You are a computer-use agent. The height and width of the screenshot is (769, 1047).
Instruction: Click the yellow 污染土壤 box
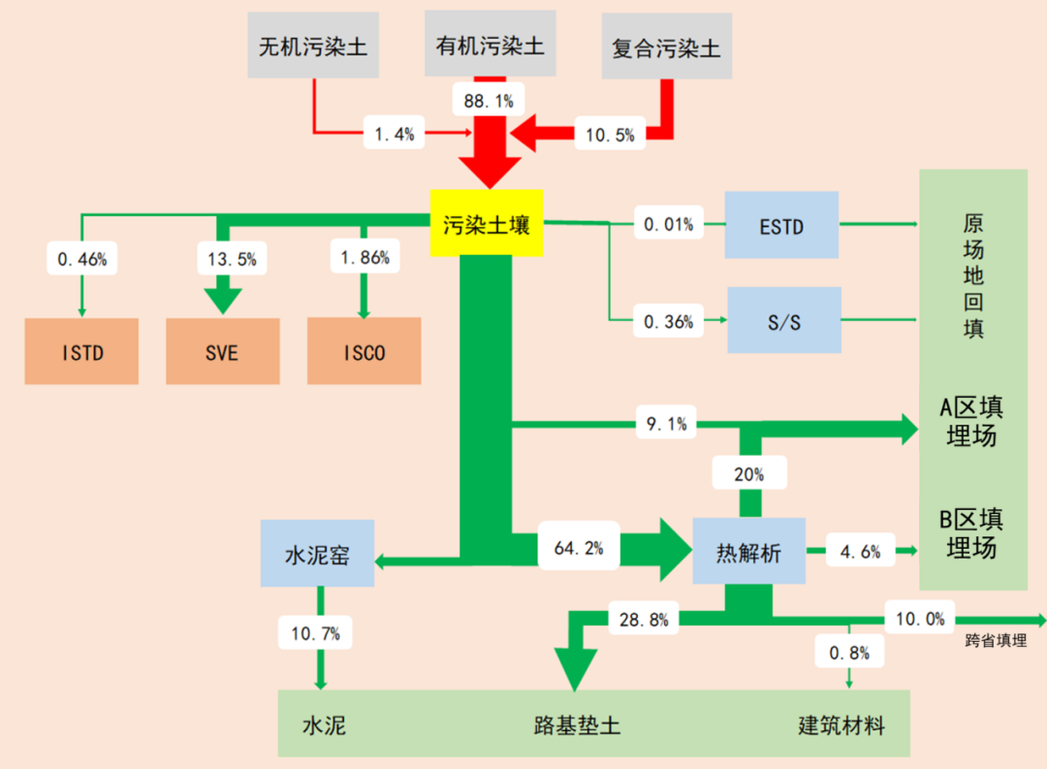[486, 223]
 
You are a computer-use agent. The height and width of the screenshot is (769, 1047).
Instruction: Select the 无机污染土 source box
[312, 46]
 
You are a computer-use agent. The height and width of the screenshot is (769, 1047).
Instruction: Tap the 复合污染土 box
[666, 47]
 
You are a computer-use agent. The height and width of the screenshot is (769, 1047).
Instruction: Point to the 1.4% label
[395, 134]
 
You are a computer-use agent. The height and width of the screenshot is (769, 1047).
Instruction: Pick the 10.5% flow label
[611, 135]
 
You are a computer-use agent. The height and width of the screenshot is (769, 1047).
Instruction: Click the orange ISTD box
[81, 351]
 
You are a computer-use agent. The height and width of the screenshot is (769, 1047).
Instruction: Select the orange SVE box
[222, 351]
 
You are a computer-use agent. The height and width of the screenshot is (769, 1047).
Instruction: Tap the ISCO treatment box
[365, 351]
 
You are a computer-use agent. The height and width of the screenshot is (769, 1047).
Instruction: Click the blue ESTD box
[781, 224]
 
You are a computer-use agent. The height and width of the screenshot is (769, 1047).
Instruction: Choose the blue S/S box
[783, 320]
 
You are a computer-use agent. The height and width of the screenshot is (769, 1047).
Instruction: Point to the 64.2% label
[578, 548]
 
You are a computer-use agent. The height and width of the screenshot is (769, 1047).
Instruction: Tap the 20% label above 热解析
[748, 474]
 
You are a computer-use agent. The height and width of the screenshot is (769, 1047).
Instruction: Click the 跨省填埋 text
[996, 640]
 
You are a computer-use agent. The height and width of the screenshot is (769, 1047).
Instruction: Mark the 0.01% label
[668, 225]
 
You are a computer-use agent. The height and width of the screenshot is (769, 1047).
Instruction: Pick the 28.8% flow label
[644, 620]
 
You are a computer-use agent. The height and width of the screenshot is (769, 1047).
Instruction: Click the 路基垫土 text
[577, 724]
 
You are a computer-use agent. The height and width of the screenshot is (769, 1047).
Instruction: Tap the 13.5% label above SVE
[232, 259]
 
